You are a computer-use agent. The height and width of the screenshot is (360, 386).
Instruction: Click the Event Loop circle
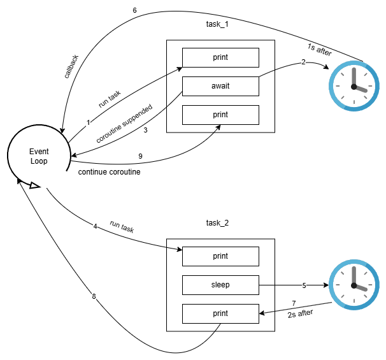(x=39, y=156)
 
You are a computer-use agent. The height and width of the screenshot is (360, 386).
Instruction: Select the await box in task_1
(x=220, y=86)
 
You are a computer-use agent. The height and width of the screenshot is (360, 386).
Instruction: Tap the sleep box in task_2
(x=220, y=285)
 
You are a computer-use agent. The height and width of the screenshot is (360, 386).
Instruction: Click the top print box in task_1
(x=220, y=57)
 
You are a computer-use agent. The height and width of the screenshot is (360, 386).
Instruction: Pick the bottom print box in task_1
(x=220, y=115)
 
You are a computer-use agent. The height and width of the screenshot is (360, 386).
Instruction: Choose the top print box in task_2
(x=220, y=256)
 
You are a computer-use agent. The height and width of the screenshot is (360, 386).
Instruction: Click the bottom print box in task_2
(x=220, y=313)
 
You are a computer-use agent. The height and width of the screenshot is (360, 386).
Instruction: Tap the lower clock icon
(x=354, y=285)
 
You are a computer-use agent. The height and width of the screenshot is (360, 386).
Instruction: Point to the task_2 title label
(x=219, y=224)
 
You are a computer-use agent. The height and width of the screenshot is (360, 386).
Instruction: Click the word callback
(x=71, y=66)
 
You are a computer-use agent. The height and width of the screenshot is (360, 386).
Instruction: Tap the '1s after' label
(x=320, y=50)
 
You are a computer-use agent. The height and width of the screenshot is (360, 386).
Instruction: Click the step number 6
(x=134, y=11)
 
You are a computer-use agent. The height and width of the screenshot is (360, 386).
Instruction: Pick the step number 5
(x=304, y=285)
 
